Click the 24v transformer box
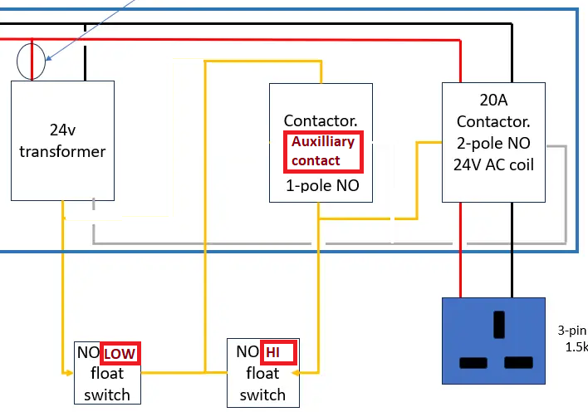click(x=62, y=140)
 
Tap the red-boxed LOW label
click(x=120, y=353)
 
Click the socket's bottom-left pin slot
click(x=474, y=363)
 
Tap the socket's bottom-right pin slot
click(x=519, y=363)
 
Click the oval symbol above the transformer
click(x=32, y=62)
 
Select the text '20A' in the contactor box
click(x=493, y=101)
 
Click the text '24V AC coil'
click(x=493, y=164)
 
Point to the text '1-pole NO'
click(x=322, y=186)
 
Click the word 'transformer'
click(x=62, y=151)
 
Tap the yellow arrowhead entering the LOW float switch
click(x=70, y=373)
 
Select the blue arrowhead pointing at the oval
click(x=49, y=58)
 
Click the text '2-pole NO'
click(x=493, y=143)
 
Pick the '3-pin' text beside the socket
click(x=572, y=329)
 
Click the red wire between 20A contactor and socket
click(x=461, y=249)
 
